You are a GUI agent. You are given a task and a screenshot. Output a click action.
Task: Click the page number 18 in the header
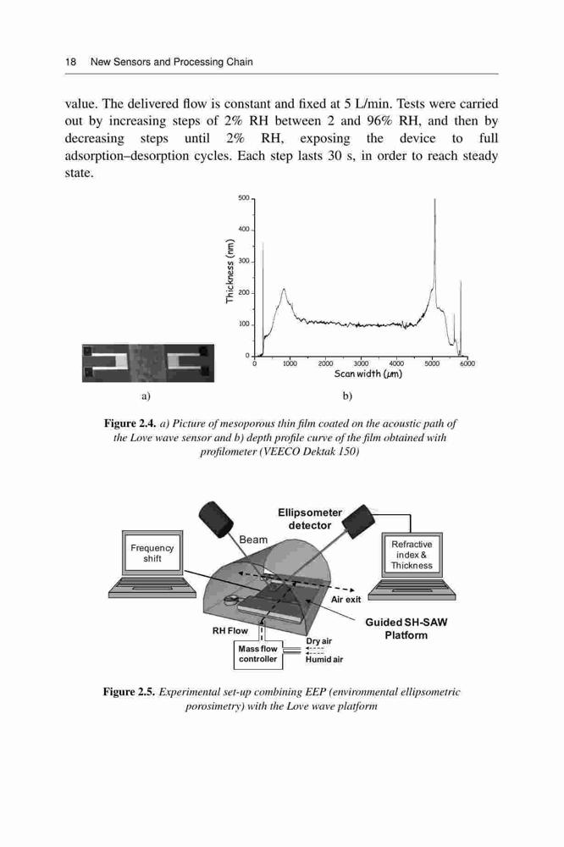click(70, 62)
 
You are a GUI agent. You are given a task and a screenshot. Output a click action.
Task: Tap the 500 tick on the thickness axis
click(243, 198)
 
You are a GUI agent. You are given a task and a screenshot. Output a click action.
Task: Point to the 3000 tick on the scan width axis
click(361, 363)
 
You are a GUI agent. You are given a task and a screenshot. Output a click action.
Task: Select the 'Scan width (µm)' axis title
click(368, 374)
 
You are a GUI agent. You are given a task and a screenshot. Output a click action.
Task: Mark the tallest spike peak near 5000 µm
click(434, 199)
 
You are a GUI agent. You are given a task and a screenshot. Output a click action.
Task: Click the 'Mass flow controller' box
click(257, 654)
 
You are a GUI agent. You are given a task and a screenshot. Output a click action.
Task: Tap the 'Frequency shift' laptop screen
click(152, 553)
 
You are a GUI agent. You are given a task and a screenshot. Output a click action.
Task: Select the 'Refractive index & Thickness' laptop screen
click(412, 555)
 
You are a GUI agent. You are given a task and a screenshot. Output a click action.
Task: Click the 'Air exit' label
click(346, 600)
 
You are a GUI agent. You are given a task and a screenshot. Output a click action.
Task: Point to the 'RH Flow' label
click(229, 630)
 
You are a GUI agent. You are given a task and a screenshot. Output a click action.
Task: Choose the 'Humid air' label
click(324, 660)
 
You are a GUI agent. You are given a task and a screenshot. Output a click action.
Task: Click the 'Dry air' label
click(318, 641)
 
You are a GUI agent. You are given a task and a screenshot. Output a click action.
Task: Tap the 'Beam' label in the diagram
click(253, 540)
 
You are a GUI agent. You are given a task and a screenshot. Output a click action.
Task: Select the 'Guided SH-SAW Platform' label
click(406, 628)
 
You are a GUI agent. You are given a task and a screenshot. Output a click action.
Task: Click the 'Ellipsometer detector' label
click(310, 518)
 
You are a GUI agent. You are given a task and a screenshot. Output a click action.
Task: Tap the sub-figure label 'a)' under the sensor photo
click(146, 396)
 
